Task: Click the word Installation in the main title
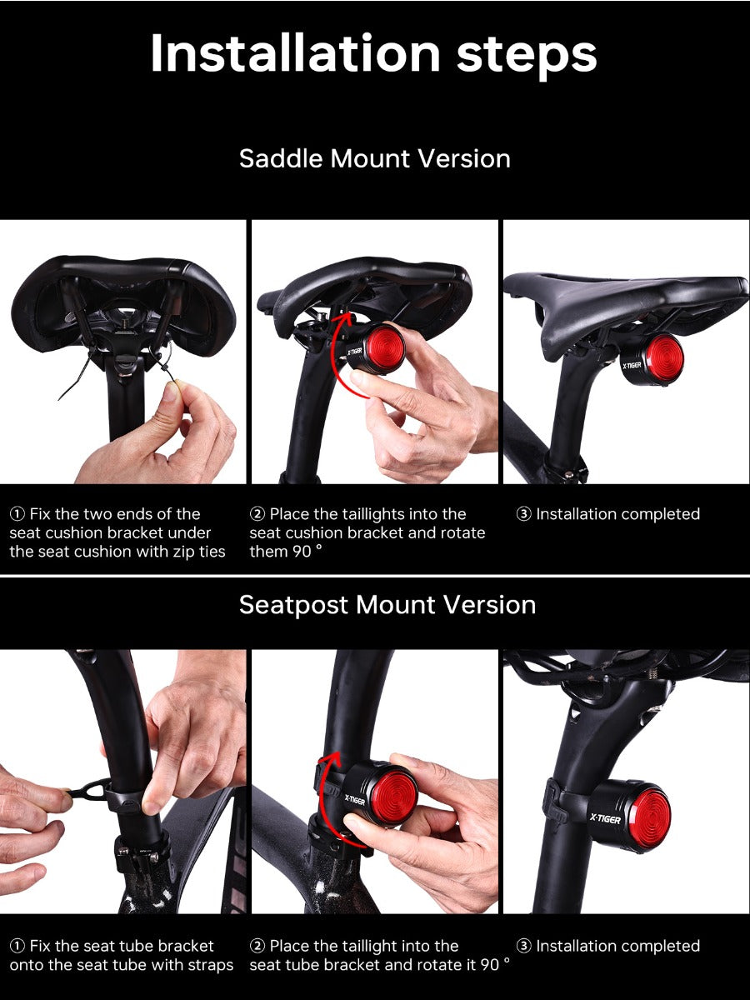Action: (295, 52)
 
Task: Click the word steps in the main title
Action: (527, 57)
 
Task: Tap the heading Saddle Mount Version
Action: (375, 158)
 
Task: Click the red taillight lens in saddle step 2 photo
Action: (385, 347)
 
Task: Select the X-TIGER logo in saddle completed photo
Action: (632, 365)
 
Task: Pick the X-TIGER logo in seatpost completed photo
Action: (605, 818)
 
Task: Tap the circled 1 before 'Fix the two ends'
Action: (17, 514)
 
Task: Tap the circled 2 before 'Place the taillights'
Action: (257, 514)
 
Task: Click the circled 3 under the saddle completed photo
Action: (523, 514)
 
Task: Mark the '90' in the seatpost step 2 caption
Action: (489, 964)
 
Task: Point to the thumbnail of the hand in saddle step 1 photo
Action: (170, 392)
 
